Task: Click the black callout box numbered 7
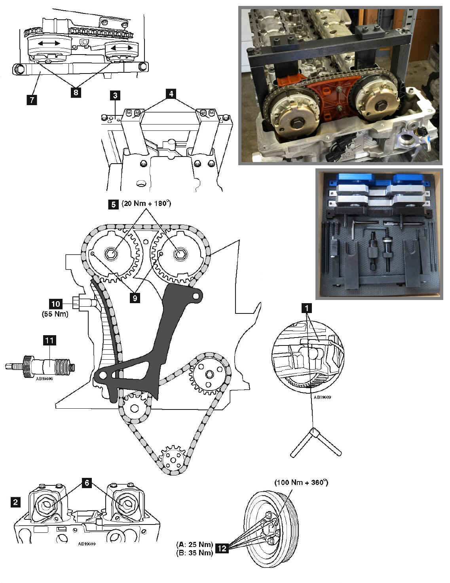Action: tap(32, 100)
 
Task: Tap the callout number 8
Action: tap(76, 92)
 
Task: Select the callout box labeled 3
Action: tap(115, 95)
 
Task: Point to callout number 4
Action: tap(171, 94)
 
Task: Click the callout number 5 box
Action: tap(113, 204)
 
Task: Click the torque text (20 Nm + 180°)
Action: tap(146, 204)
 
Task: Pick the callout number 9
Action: tap(135, 298)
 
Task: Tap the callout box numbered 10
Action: tap(56, 304)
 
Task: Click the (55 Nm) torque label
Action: tap(55, 313)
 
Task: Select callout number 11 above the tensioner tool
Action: tap(49, 340)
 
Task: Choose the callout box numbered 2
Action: tap(15, 502)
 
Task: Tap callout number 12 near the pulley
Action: tap(222, 548)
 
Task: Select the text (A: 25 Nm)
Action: tap(195, 544)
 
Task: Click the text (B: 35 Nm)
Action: tap(195, 553)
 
